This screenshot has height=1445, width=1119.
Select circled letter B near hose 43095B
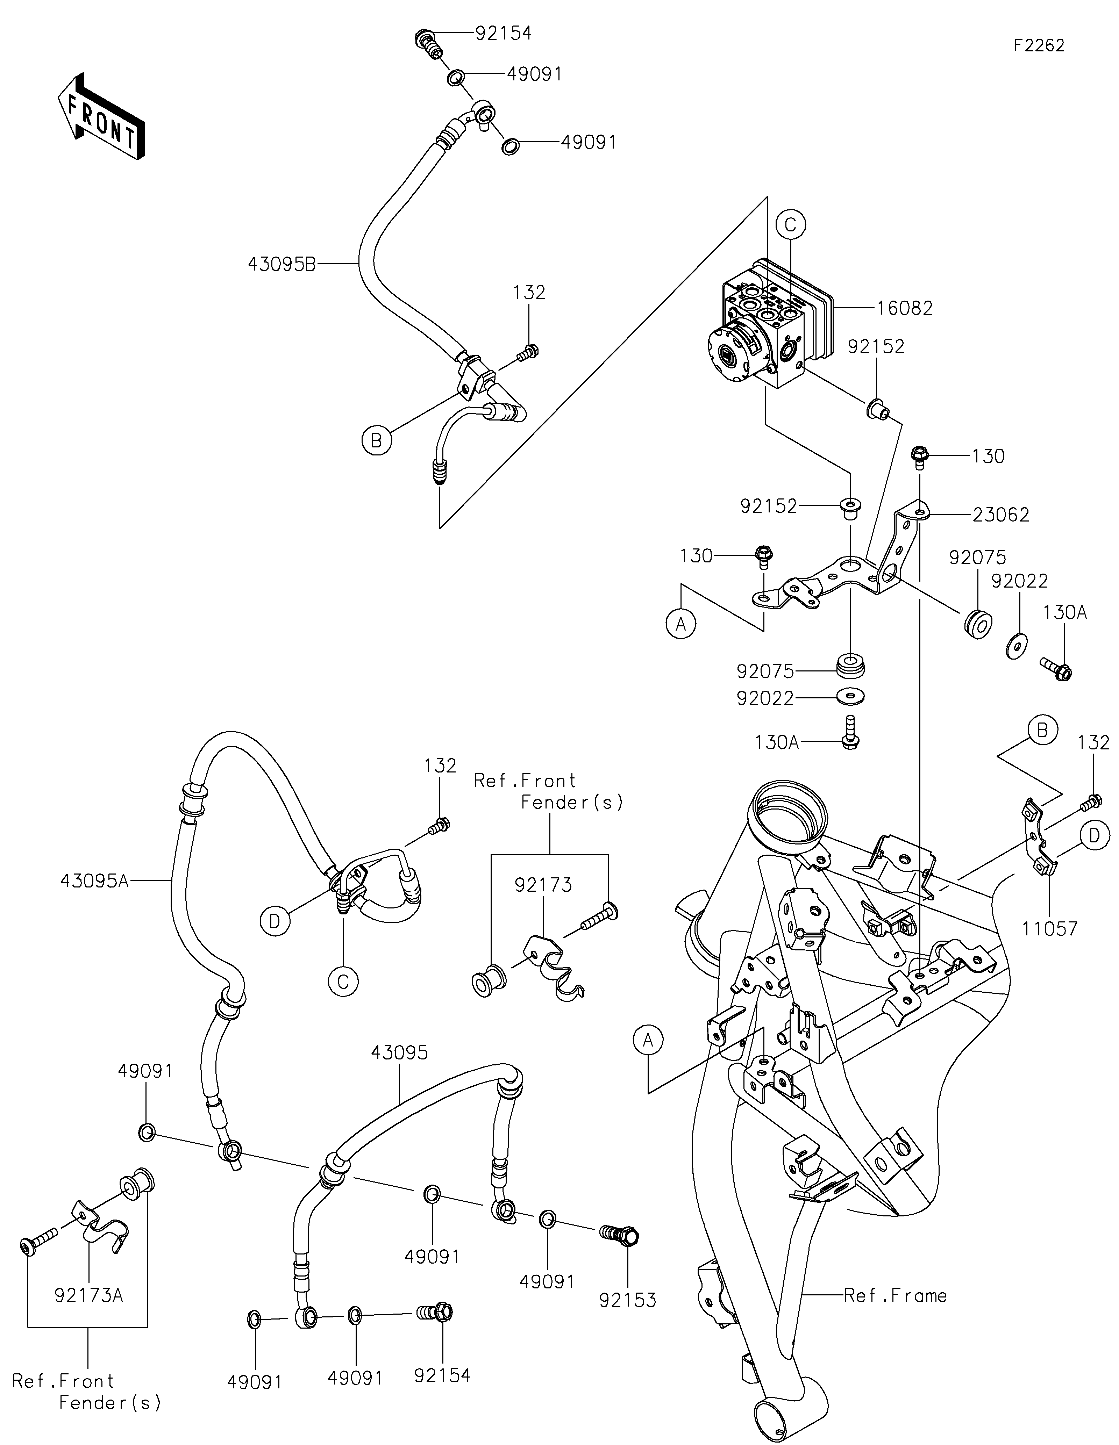click(377, 440)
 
